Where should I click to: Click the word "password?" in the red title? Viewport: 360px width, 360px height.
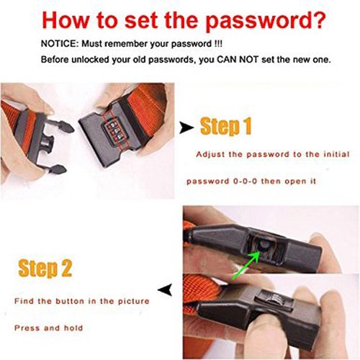tap(266, 21)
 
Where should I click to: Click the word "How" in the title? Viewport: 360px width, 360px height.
tap(66, 20)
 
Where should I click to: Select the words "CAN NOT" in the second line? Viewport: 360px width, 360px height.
tap(238, 59)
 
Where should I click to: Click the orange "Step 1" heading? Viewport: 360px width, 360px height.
tap(226, 126)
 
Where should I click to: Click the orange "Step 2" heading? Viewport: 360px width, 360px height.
tap(45, 269)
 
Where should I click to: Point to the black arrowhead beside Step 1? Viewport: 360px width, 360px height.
tap(186, 127)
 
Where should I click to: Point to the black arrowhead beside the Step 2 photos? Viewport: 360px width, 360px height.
tap(165, 289)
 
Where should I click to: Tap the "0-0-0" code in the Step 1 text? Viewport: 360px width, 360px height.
tap(245, 181)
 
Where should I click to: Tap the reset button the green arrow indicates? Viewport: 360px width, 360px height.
tap(264, 246)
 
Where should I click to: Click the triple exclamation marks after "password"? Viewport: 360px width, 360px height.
tap(217, 44)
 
